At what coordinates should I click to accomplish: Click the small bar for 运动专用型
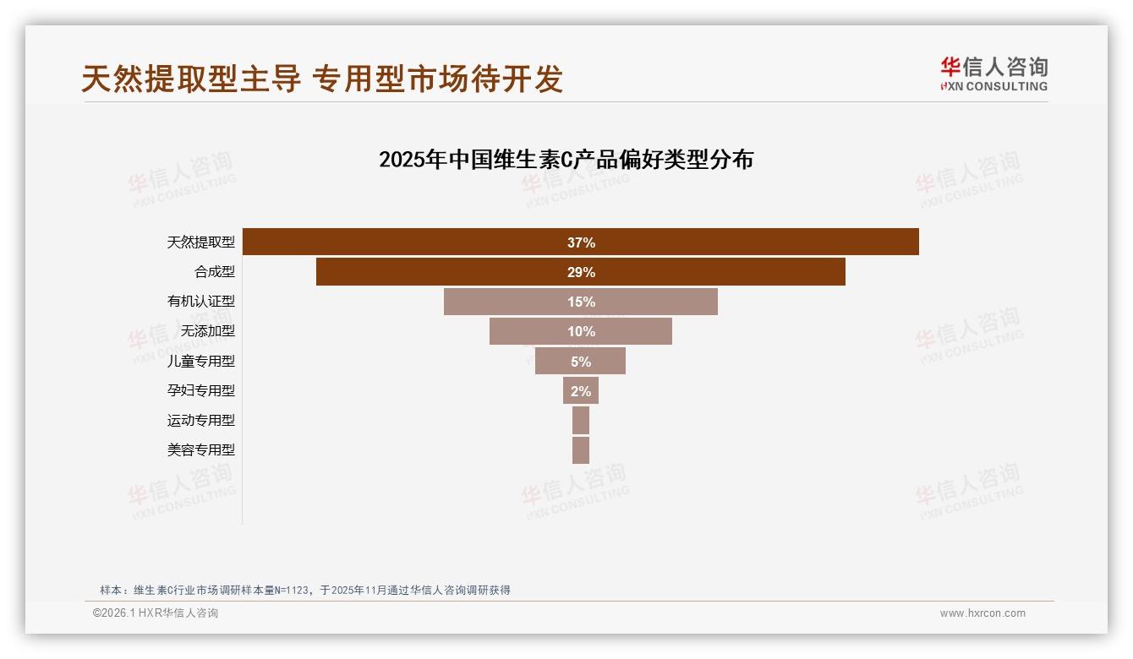coord(581,420)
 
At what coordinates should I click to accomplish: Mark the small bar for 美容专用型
coord(581,449)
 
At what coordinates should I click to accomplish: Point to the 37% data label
coord(581,242)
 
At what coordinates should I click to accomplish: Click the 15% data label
coord(581,302)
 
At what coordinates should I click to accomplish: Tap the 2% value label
coord(581,390)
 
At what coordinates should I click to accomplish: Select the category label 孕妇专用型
coord(200,390)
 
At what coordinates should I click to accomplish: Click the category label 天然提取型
coord(200,242)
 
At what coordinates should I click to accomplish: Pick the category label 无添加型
coord(207,331)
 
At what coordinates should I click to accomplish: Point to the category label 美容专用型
coord(200,449)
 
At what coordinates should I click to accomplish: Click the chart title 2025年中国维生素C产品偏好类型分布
coord(566,160)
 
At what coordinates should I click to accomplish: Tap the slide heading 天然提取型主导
coord(191,79)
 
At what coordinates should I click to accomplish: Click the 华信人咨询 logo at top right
coord(993,74)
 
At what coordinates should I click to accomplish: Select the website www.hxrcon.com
coord(982,613)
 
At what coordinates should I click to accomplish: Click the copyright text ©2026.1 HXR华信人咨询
coord(156,613)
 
